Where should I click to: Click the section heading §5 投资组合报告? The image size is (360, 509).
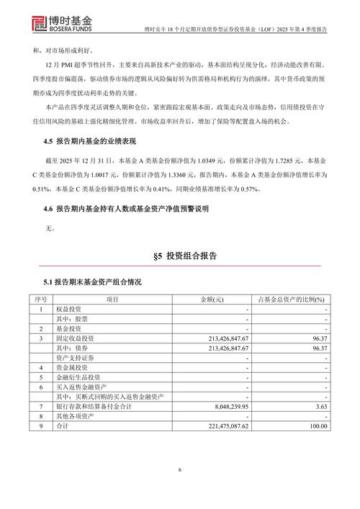(180, 256)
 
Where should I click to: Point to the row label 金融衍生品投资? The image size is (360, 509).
(75, 376)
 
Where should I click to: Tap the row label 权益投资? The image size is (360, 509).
(66, 308)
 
